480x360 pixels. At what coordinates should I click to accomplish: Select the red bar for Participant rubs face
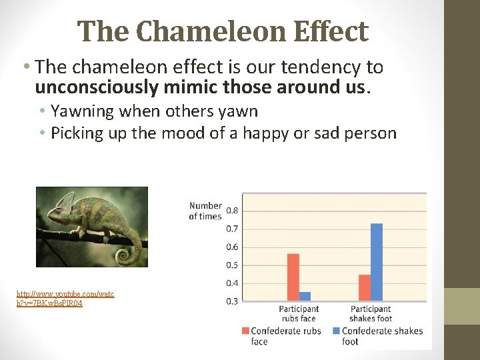pos(293,277)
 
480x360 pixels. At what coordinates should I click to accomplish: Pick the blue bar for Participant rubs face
pos(305,296)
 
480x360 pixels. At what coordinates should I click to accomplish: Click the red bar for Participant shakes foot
pos(364,287)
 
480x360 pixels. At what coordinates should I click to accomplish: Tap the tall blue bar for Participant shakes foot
pos(377,261)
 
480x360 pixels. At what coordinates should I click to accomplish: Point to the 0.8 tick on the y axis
pos(233,211)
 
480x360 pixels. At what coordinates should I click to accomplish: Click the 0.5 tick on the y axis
pos(233,265)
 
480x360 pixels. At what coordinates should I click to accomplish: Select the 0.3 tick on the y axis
pos(233,301)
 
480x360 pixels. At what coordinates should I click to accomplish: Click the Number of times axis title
pos(205,211)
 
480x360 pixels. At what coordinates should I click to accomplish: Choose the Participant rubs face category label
pos(299,313)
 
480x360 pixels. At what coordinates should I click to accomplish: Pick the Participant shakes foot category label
pos(371,313)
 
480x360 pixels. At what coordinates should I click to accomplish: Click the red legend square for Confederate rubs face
pos(246,331)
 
